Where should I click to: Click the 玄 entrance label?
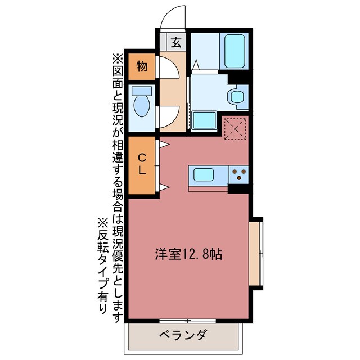click(176, 42)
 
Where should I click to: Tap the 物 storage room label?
click(142, 67)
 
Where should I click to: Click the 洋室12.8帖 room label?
click(188, 254)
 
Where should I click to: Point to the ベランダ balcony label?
click(182, 336)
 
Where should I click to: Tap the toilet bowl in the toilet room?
click(141, 106)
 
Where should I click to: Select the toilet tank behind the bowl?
click(141, 90)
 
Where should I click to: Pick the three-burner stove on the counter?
click(239, 175)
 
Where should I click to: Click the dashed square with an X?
click(236, 129)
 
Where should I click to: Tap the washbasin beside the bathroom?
click(236, 96)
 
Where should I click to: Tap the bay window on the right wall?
click(256, 253)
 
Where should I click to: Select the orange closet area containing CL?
click(142, 174)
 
